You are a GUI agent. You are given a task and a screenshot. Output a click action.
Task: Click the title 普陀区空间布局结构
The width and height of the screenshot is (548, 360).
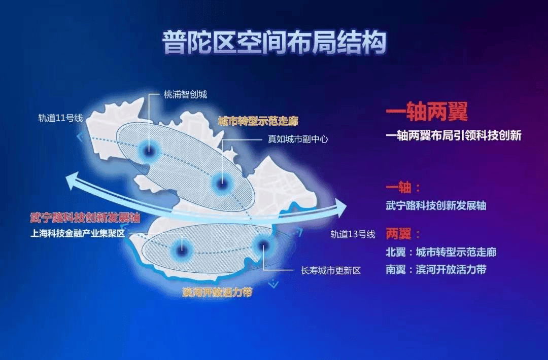point(274,42)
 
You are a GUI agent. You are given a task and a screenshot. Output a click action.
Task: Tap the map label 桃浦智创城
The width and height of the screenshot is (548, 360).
point(185,94)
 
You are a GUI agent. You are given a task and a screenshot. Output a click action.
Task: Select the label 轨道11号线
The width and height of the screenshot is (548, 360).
point(60,118)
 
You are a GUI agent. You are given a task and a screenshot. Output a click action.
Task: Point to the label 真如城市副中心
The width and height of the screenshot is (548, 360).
point(298,138)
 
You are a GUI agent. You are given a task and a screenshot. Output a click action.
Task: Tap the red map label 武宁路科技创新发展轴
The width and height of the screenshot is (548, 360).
point(85,218)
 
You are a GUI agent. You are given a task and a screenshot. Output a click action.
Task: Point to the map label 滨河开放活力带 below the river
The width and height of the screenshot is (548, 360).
point(217,293)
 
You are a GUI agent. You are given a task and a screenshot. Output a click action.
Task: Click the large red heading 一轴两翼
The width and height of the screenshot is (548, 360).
point(426,113)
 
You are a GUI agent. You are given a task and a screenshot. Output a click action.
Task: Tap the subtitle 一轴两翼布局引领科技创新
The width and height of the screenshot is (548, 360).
point(453,136)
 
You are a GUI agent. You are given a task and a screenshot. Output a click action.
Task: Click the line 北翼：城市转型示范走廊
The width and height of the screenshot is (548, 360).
point(440,252)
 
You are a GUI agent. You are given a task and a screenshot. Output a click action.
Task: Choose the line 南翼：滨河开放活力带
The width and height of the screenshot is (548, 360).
point(435,269)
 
